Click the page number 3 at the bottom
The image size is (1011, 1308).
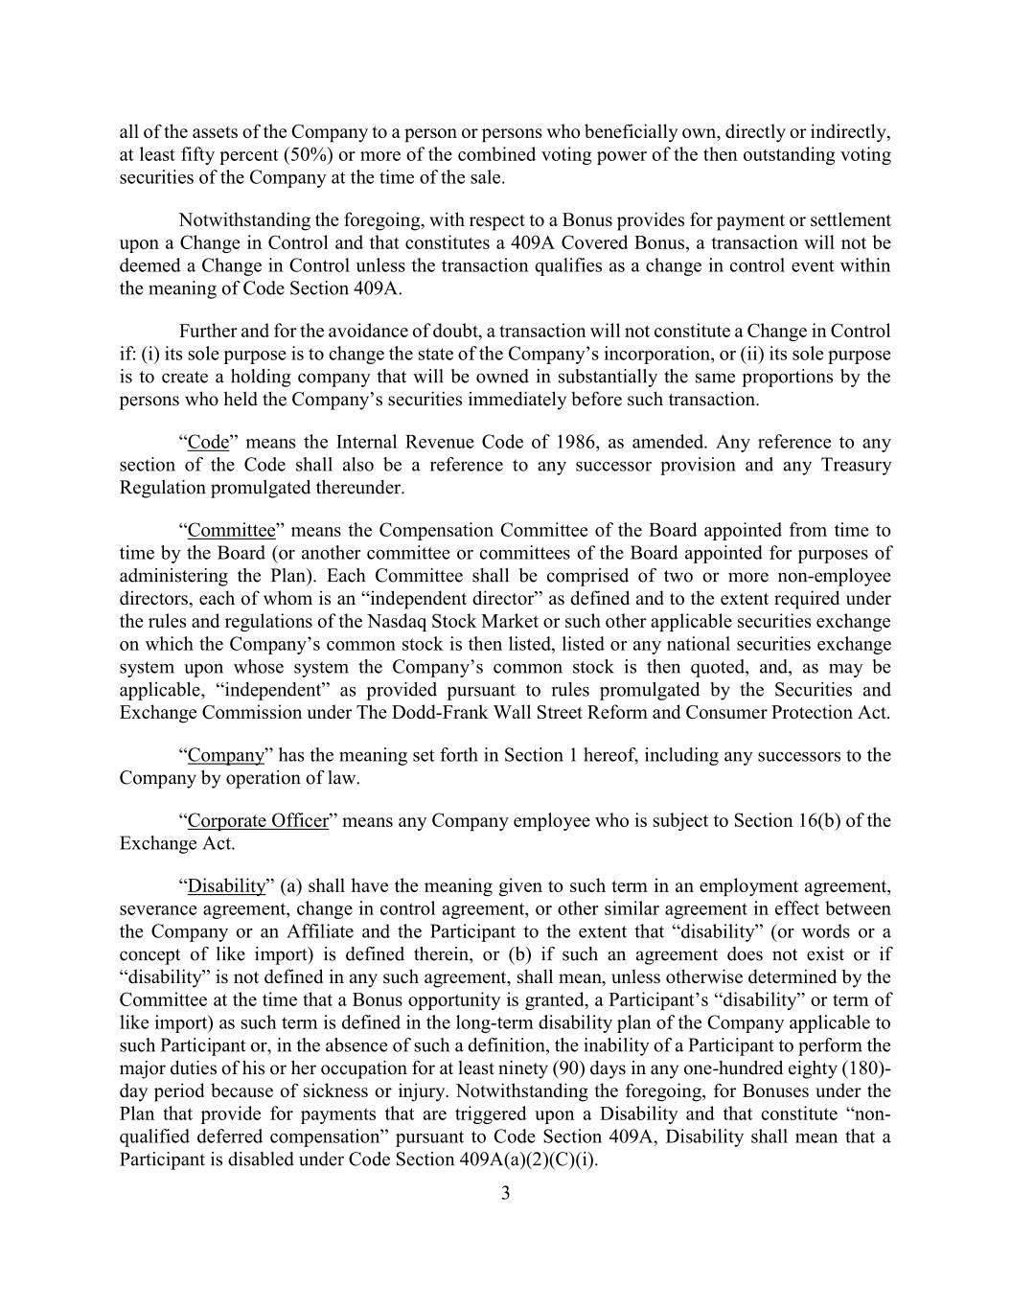point(505,1193)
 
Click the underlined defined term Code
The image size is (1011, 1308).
point(208,443)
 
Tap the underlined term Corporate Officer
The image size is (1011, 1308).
point(258,821)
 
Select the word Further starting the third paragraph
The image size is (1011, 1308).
point(207,332)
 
